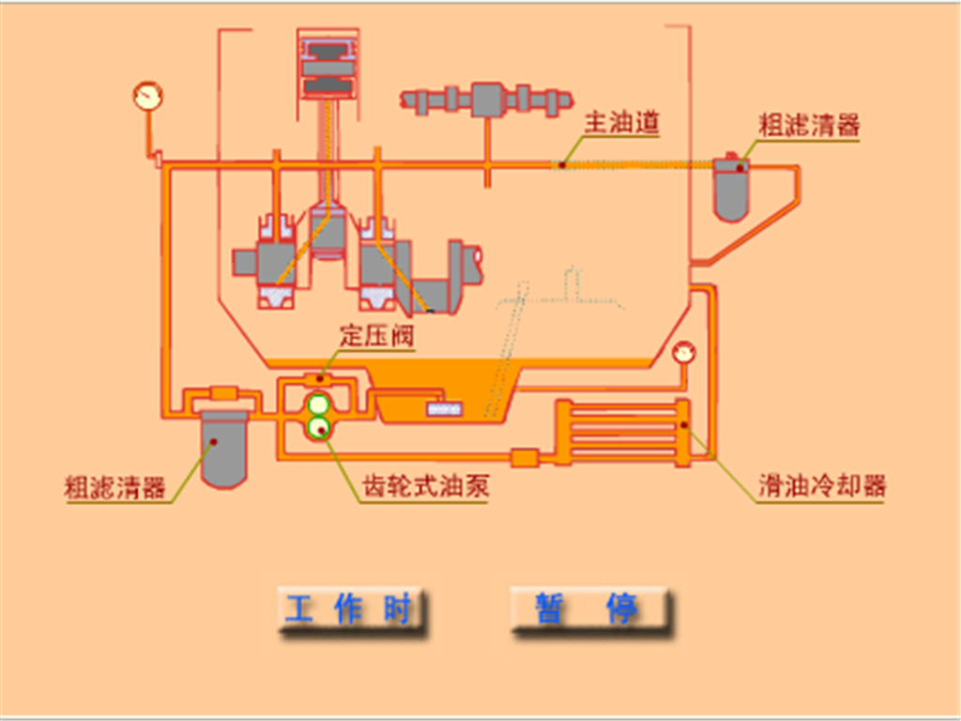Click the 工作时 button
coord(350,609)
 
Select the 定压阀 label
coord(376,335)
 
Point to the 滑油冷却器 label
coord(822,486)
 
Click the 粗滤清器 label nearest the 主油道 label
coord(809,125)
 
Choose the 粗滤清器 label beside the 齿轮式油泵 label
coord(114,487)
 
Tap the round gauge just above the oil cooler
coord(684,352)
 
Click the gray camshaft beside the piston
coord(488,100)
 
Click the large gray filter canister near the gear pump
coord(223,447)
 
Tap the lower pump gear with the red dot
coord(320,429)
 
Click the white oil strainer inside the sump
coord(445,408)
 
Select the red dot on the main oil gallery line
coord(561,164)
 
